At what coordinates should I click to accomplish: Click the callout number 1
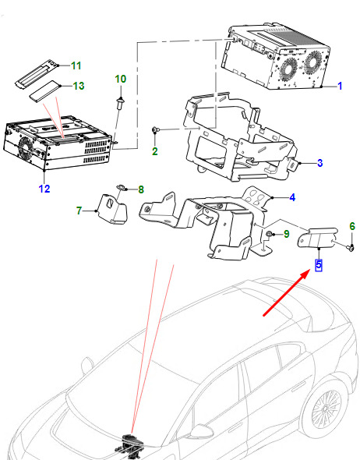click(340, 86)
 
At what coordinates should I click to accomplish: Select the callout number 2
click(155, 151)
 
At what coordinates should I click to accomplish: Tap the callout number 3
click(319, 163)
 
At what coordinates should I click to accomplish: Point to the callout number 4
click(292, 197)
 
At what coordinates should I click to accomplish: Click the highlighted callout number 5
click(319, 264)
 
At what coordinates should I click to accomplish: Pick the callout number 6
click(352, 226)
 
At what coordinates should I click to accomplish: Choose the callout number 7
click(79, 211)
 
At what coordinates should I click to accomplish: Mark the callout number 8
click(141, 189)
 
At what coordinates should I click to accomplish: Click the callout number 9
click(287, 234)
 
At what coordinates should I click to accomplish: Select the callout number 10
click(121, 79)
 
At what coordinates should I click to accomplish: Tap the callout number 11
click(76, 65)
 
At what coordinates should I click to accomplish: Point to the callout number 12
click(44, 189)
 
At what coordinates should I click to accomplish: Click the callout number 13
click(78, 86)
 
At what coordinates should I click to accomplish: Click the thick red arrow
click(287, 293)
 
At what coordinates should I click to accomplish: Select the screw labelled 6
click(351, 248)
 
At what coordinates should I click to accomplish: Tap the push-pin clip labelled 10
click(120, 103)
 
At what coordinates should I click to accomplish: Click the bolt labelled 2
click(155, 129)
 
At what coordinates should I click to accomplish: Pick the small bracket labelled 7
click(113, 209)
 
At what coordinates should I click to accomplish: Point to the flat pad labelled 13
click(45, 91)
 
